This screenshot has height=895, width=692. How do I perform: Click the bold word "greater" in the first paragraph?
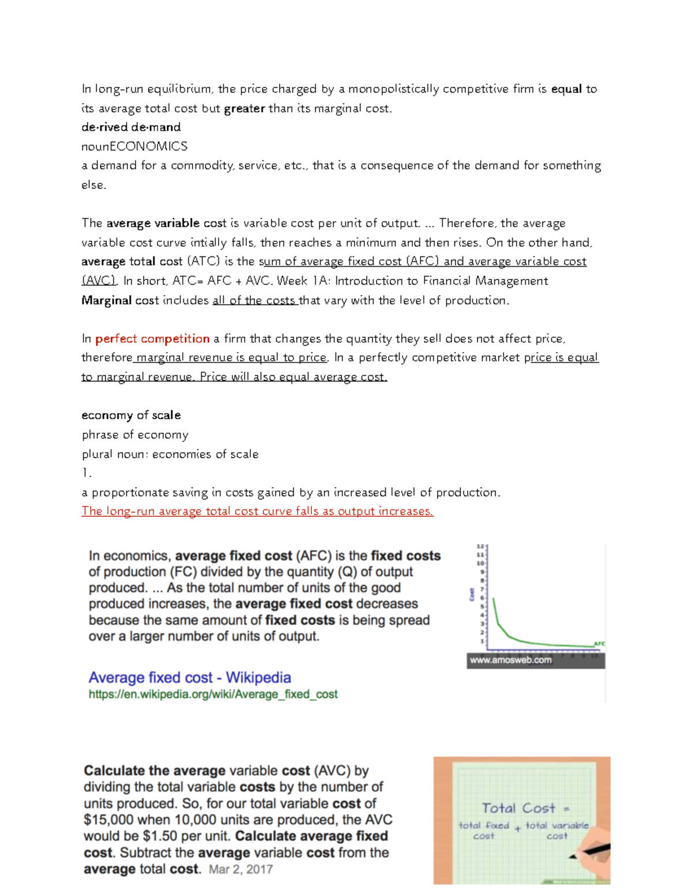(x=244, y=108)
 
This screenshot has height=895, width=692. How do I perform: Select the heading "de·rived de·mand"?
(x=131, y=127)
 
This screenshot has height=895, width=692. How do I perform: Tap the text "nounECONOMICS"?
(x=134, y=146)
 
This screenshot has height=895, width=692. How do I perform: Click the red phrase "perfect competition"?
(x=152, y=339)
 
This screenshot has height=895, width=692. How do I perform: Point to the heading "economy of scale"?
(x=131, y=416)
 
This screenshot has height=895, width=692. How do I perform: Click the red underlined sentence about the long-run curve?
(x=257, y=511)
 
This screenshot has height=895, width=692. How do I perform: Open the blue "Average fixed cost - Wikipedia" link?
(x=190, y=678)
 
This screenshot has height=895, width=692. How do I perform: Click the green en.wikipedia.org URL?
(x=213, y=694)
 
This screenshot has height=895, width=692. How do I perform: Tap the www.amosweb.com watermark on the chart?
(x=510, y=660)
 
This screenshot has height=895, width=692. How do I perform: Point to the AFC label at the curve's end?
(x=599, y=644)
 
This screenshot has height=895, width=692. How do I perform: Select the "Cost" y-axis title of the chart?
(x=472, y=594)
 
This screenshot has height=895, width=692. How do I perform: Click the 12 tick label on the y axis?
(x=480, y=546)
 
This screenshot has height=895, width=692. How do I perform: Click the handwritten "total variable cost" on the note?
(x=556, y=830)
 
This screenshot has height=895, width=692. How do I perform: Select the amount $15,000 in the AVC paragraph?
(x=108, y=820)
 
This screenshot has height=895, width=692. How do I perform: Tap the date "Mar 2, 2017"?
(x=240, y=870)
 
